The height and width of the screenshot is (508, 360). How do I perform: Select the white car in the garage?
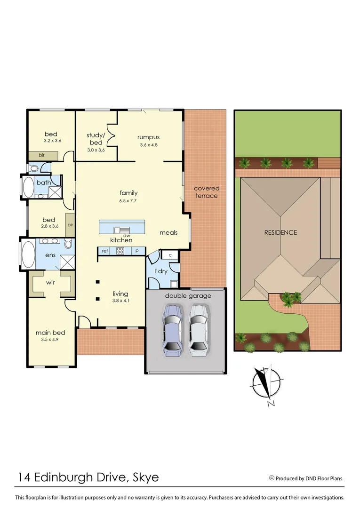198,329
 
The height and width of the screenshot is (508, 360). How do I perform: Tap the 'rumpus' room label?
148,137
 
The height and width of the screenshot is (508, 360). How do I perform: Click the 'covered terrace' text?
207,191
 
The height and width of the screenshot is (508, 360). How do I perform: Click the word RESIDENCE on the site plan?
280,232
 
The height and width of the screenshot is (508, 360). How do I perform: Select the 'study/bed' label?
96,139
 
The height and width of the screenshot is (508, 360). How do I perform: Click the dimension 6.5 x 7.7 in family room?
128,200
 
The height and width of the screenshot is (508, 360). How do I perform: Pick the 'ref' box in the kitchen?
104,251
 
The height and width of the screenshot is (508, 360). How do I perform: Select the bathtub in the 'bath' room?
28,187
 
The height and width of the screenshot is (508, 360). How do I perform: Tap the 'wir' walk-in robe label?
51,283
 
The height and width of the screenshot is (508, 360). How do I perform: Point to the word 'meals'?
168,232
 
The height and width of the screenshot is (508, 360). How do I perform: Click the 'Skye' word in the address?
145,477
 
